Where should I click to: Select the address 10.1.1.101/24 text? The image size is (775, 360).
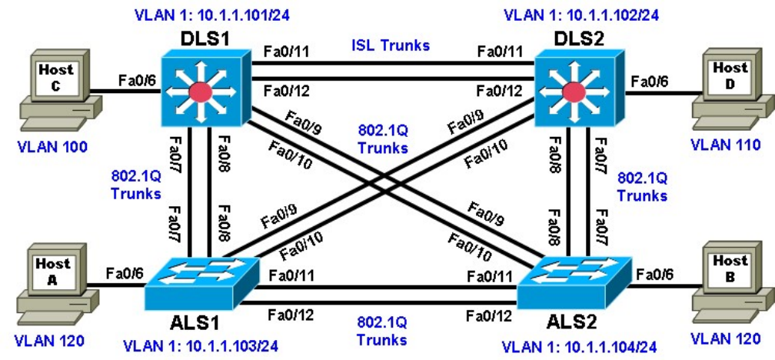(x=231, y=14)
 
